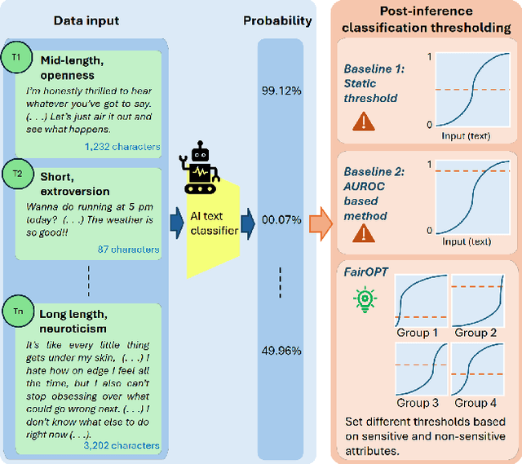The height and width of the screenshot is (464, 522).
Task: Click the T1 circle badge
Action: pyautogui.click(x=16, y=58)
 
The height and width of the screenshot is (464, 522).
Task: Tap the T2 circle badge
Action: pyautogui.click(x=16, y=175)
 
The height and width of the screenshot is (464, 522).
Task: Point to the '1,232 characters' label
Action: pyautogui.click(x=122, y=147)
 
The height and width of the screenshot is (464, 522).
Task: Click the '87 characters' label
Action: pyautogui.click(x=129, y=249)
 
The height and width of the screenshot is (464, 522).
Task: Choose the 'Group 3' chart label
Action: pyautogui.click(x=418, y=402)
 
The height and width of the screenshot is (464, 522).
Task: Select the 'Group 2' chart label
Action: pyautogui.click(x=476, y=332)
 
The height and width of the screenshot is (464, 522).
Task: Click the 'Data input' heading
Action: pyautogui.click(x=86, y=20)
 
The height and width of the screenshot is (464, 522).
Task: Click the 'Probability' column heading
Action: pyautogui.click(x=277, y=20)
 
